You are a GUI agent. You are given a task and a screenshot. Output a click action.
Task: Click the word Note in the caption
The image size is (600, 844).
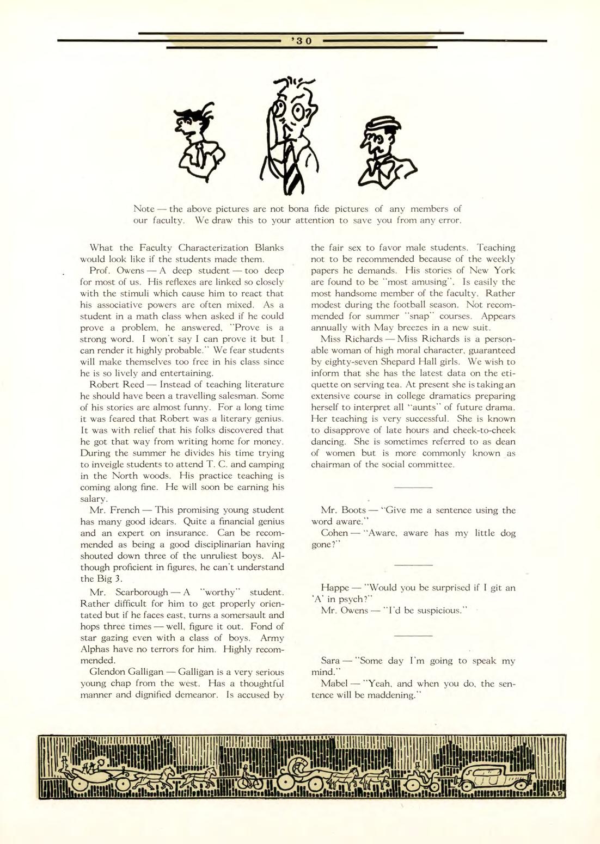(144, 209)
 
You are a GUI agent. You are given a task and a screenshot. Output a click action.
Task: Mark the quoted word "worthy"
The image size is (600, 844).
(221, 592)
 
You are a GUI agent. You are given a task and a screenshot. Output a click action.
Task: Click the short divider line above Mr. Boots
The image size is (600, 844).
(413, 488)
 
